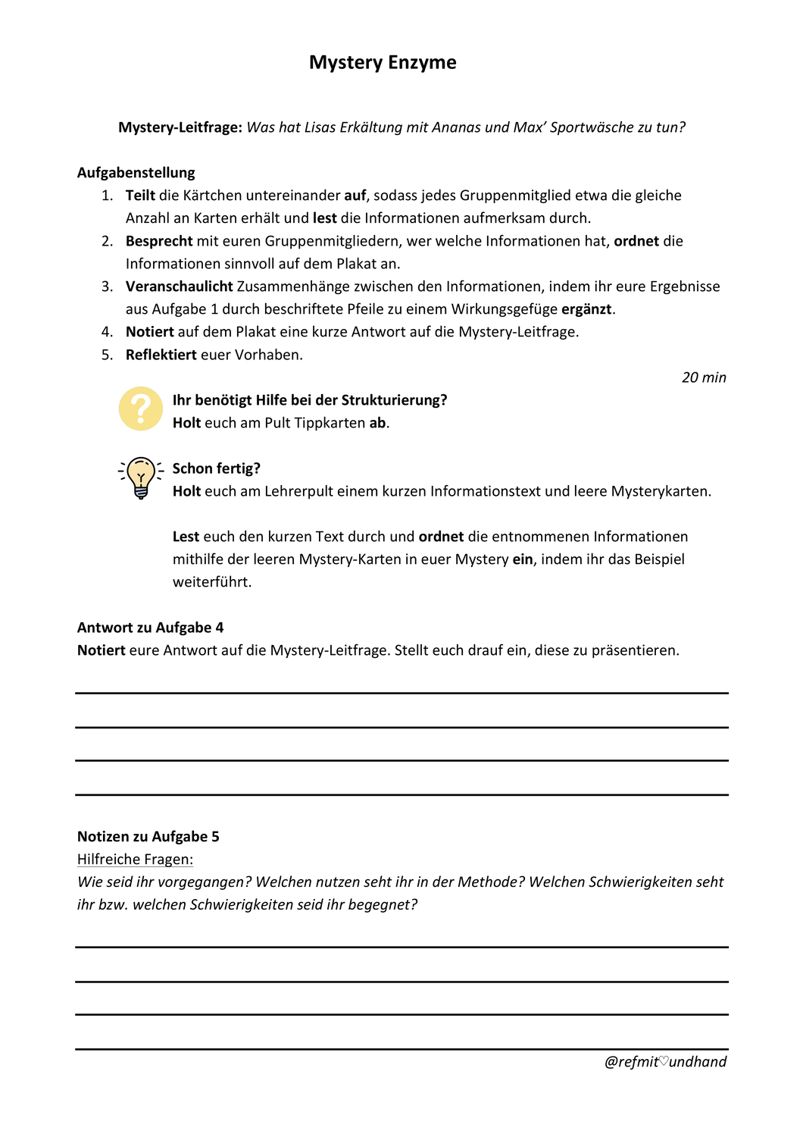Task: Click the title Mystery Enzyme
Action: pos(383,62)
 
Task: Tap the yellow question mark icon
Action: pos(141,409)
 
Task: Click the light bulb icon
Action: pos(141,478)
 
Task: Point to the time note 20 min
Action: pos(704,377)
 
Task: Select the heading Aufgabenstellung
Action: pos(136,173)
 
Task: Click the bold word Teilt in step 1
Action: pos(140,196)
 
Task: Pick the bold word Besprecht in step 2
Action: pos(159,241)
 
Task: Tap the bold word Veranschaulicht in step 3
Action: pos(180,287)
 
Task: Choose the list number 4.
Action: pos(107,332)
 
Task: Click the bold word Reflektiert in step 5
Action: pos(161,355)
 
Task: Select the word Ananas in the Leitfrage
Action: pos(457,127)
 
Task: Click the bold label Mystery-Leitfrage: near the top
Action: pos(180,127)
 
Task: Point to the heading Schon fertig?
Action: pos(217,468)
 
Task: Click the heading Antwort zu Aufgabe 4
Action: pos(151,628)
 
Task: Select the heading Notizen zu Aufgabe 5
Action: pos(148,837)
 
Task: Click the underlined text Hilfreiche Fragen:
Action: pos(136,860)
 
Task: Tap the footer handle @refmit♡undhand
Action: pos(665,1062)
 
